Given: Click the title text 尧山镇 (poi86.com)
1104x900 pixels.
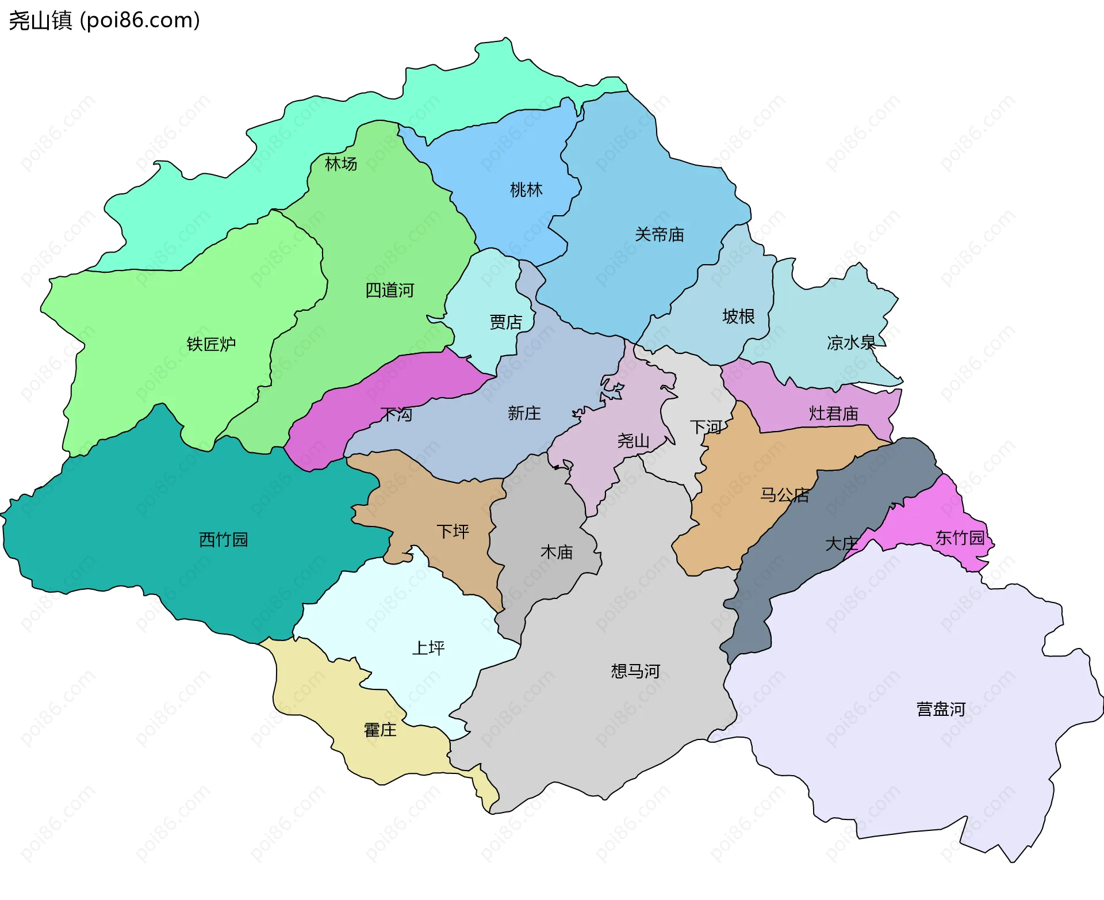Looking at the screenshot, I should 104,21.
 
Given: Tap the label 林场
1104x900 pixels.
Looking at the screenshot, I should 341,164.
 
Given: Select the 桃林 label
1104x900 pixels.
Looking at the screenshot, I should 526,190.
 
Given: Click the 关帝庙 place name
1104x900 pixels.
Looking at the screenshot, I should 660,235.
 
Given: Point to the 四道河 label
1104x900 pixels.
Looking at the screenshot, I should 390,291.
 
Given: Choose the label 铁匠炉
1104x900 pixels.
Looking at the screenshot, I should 211,344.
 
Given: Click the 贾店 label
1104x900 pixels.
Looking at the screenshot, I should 505,322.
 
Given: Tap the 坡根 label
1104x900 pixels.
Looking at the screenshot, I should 738,316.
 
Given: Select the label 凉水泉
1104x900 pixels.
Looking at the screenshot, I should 851,343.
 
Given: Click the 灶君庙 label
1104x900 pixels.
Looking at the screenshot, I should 833,414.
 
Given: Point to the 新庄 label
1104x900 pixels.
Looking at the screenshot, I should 524,413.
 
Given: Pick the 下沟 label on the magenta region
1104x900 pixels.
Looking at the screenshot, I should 397,414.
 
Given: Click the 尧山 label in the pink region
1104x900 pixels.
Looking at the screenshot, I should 633,441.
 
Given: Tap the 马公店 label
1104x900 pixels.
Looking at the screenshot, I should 784,495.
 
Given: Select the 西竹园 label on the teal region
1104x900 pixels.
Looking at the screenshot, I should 223,540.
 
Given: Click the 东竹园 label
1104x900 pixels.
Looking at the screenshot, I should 960,538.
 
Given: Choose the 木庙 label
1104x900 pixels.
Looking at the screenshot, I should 557,552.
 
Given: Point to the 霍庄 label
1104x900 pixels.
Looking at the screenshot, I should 380,730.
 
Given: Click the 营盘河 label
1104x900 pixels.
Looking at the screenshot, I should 941,709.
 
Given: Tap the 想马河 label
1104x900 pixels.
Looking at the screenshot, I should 635,671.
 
